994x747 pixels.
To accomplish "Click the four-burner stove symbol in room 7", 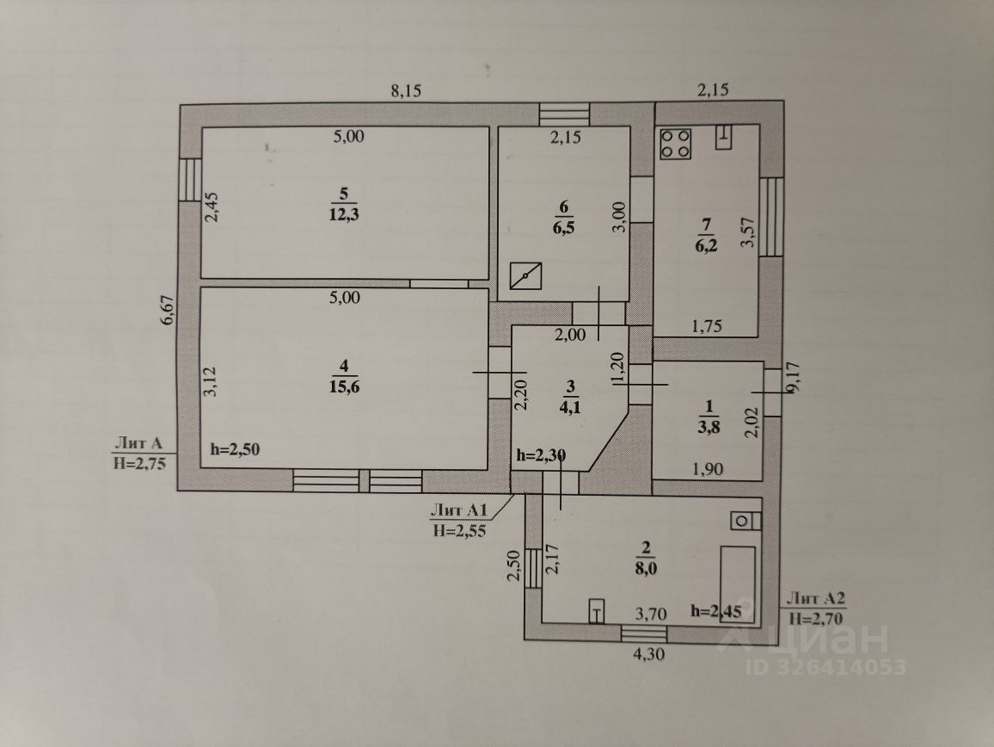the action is tap(675, 144).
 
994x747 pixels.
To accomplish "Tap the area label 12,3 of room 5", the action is tap(344, 214).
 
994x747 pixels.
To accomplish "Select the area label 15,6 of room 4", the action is tap(344, 386).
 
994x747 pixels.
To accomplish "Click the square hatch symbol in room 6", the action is tap(526, 277).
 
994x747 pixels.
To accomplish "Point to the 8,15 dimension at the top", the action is tap(406, 90).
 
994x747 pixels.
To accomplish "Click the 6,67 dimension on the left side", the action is tap(168, 311).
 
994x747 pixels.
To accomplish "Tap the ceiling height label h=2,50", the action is tap(235, 450).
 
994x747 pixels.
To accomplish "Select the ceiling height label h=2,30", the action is tap(541, 455).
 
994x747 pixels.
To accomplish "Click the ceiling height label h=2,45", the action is tap(715, 611).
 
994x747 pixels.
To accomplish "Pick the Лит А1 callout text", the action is tap(459, 509).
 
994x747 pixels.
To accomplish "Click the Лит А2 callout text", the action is tap(815, 598).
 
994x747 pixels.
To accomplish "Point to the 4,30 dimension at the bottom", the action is tap(649, 653).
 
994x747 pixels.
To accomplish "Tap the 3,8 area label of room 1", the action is tap(709, 427).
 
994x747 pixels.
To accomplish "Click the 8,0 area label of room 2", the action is tap(646, 569).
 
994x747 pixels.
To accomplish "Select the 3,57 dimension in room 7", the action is tap(749, 232).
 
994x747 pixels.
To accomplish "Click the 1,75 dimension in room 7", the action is tap(707, 326).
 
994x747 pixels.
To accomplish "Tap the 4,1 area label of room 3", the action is tap(569, 407).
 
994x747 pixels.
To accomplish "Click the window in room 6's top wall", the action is tap(565, 114).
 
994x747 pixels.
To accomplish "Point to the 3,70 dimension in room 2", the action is tap(651, 614).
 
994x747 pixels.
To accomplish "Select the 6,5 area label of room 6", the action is tap(563, 228).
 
